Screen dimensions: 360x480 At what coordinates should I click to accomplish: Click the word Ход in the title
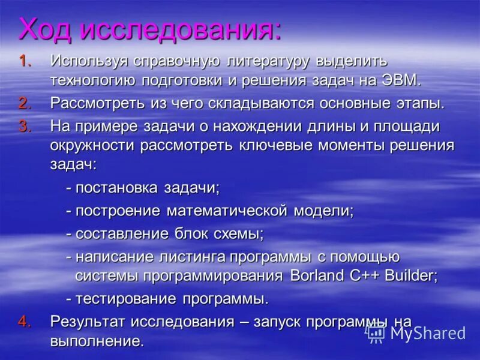[x=46, y=29]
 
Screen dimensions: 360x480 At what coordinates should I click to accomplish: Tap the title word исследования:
[x=180, y=29]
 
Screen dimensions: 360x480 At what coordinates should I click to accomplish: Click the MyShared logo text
[x=428, y=333]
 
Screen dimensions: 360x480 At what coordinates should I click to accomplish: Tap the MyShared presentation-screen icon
[x=376, y=332]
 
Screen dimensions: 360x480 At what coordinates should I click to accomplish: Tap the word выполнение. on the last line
[x=97, y=342]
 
